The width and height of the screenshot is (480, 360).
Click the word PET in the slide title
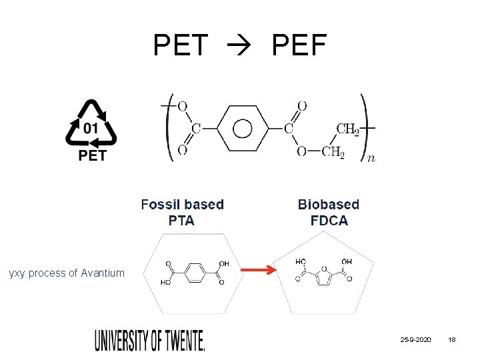[x=181, y=45]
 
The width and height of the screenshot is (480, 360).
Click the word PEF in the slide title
[x=299, y=45]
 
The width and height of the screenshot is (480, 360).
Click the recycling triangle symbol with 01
[x=91, y=124]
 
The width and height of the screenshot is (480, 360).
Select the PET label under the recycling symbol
[x=92, y=156]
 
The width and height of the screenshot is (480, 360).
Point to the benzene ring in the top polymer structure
[x=242, y=127]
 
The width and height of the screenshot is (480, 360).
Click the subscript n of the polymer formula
[x=371, y=159]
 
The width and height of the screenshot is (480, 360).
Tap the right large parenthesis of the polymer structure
[x=364, y=127]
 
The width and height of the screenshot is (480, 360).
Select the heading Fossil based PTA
[x=182, y=212]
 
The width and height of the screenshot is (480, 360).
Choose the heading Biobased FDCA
[x=329, y=212]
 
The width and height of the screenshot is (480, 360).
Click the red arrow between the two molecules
[x=258, y=270]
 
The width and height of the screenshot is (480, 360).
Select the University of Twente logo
[x=150, y=341]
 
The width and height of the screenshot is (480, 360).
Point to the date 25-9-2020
[x=415, y=341]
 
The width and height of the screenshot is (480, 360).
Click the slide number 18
[x=452, y=341]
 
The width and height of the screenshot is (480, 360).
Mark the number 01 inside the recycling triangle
[x=91, y=127]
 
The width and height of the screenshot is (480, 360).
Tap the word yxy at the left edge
[x=17, y=273]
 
